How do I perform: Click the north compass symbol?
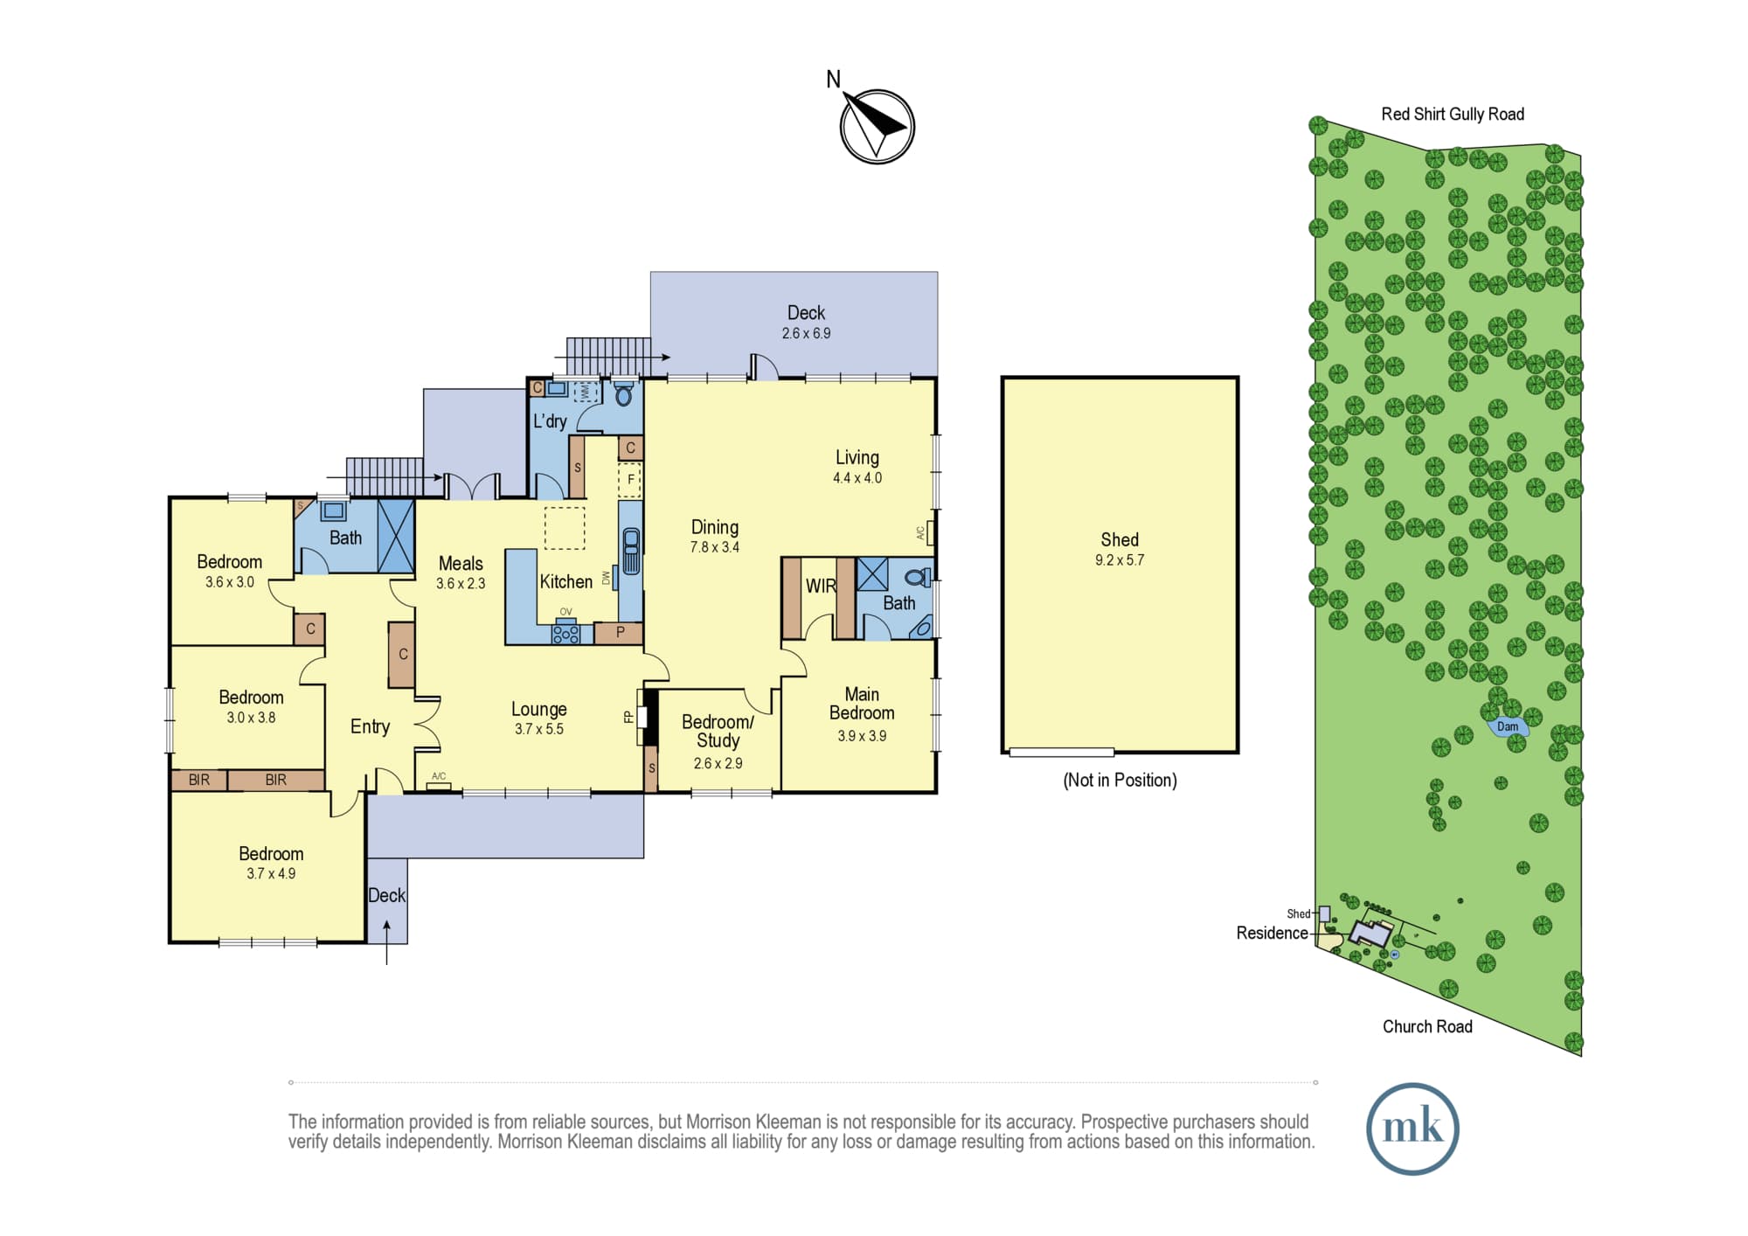point(877,126)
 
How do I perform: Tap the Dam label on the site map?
point(1508,726)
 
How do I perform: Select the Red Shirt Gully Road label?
point(1453,114)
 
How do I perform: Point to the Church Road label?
point(1427,1026)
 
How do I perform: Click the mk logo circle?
point(1412,1128)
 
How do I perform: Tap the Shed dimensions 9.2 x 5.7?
point(1120,560)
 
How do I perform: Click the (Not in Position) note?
point(1120,780)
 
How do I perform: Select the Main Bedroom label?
point(862,704)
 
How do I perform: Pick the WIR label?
point(821,586)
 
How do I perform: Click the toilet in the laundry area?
point(623,394)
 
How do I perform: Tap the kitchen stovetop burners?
point(565,632)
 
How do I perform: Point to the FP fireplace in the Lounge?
point(642,717)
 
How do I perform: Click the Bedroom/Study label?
point(718,732)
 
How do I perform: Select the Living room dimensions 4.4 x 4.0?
point(857,478)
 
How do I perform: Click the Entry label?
point(370,726)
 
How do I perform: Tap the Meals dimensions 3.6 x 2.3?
point(461,584)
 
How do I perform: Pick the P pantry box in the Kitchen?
point(619,633)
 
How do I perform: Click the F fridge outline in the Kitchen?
point(630,480)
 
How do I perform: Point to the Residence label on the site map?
point(1272,933)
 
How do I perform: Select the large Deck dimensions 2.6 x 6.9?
point(806,333)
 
